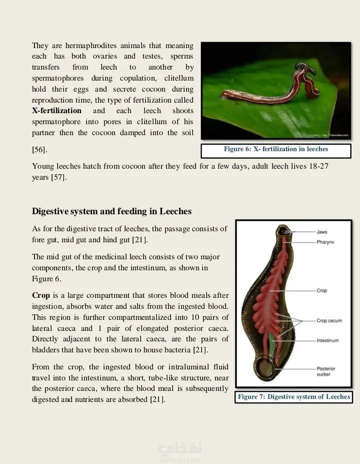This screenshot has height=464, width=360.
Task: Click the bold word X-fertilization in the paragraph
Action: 56,111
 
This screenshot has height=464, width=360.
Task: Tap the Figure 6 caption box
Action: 276,149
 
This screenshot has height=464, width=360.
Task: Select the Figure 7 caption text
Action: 294,397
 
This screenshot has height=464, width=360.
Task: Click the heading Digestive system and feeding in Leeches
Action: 111,211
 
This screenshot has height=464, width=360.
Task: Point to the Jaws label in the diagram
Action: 322,232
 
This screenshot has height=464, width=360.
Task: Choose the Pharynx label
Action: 325,242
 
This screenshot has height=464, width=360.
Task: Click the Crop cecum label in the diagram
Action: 329,321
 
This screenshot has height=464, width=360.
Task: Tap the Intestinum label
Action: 327,340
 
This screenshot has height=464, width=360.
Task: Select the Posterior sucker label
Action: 326,371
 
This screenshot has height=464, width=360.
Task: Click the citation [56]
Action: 40,150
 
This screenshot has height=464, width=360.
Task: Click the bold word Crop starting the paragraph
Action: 41,295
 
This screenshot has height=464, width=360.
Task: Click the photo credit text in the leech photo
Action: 329,135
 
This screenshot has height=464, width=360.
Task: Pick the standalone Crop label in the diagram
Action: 321,290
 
